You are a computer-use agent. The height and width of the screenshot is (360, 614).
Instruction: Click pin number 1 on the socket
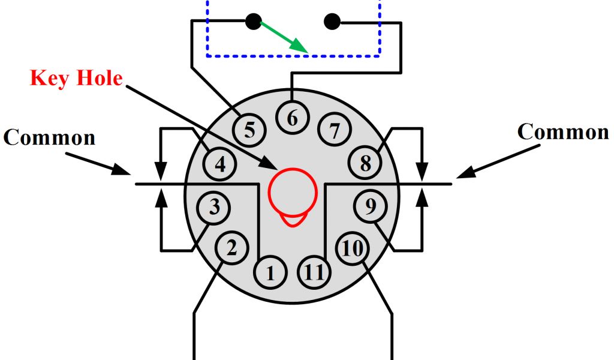click(270, 274)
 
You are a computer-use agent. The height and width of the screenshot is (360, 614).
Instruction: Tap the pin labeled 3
click(214, 207)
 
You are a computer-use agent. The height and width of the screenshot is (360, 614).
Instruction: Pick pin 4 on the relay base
click(220, 163)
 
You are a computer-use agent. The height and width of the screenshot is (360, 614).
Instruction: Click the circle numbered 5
click(249, 129)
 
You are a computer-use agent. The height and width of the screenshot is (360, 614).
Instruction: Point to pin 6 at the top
click(292, 118)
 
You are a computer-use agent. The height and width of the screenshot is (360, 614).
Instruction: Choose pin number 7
click(335, 129)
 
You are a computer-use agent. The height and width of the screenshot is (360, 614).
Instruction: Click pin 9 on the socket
click(371, 207)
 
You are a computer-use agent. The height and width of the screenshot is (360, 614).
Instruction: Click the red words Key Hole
click(76, 78)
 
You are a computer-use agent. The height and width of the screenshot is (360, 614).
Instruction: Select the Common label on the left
click(49, 137)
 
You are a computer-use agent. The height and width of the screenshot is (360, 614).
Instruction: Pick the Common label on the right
click(563, 131)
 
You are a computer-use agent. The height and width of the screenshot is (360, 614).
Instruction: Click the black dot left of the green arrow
click(253, 22)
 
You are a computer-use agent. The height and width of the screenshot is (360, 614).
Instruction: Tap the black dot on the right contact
click(332, 22)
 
